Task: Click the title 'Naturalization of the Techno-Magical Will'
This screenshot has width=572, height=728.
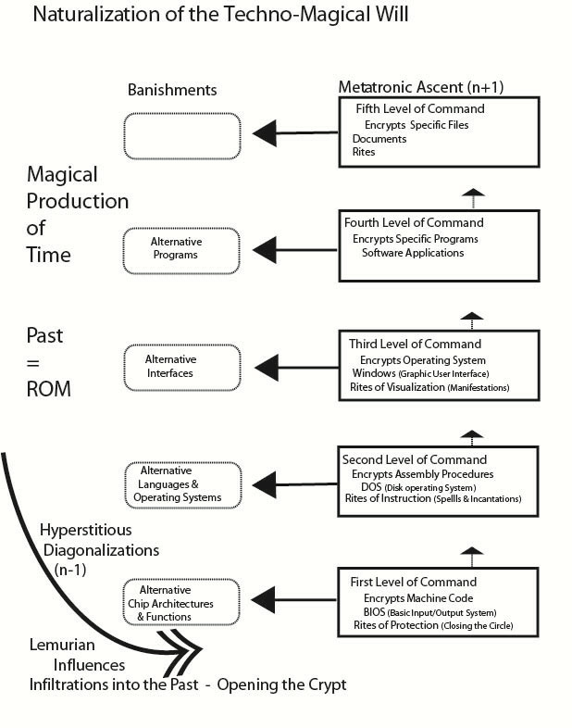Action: (x=220, y=16)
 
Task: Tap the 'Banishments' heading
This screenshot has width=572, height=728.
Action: (x=173, y=90)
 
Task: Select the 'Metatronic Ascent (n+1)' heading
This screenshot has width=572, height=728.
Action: (x=420, y=87)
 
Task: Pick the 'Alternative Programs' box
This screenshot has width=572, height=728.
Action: (x=180, y=248)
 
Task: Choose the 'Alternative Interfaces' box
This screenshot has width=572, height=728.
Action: (x=180, y=366)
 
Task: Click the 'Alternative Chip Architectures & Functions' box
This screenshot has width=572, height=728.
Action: (x=180, y=603)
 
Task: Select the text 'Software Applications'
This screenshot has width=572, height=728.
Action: (x=413, y=252)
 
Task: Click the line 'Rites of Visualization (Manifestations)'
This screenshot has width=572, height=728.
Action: (x=429, y=387)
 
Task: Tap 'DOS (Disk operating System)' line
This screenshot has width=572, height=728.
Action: (x=418, y=487)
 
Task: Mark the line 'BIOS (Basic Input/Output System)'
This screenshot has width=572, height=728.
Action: (x=429, y=613)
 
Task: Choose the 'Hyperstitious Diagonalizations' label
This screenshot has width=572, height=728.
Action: (x=98, y=541)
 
